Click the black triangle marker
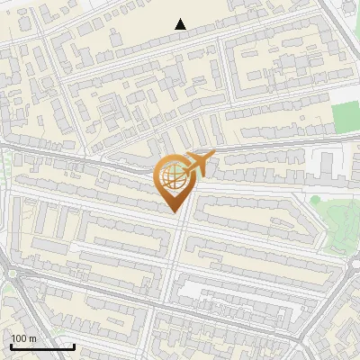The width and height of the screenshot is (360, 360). pyautogui.click(x=181, y=24)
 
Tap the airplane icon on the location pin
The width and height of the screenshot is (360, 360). pyautogui.click(x=198, y=164)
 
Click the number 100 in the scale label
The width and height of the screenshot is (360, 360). pyautogui.click(x=19, y=338)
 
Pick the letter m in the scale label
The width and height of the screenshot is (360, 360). pyautogui.click(x=32, y=338)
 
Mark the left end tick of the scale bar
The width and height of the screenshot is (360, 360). pyautogui.click(x=10, y=346)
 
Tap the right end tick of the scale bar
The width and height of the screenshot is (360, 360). pyautogui.click(x=74, y=346)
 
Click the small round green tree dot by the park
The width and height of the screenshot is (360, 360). pyautogui.click(x=316, y=199)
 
